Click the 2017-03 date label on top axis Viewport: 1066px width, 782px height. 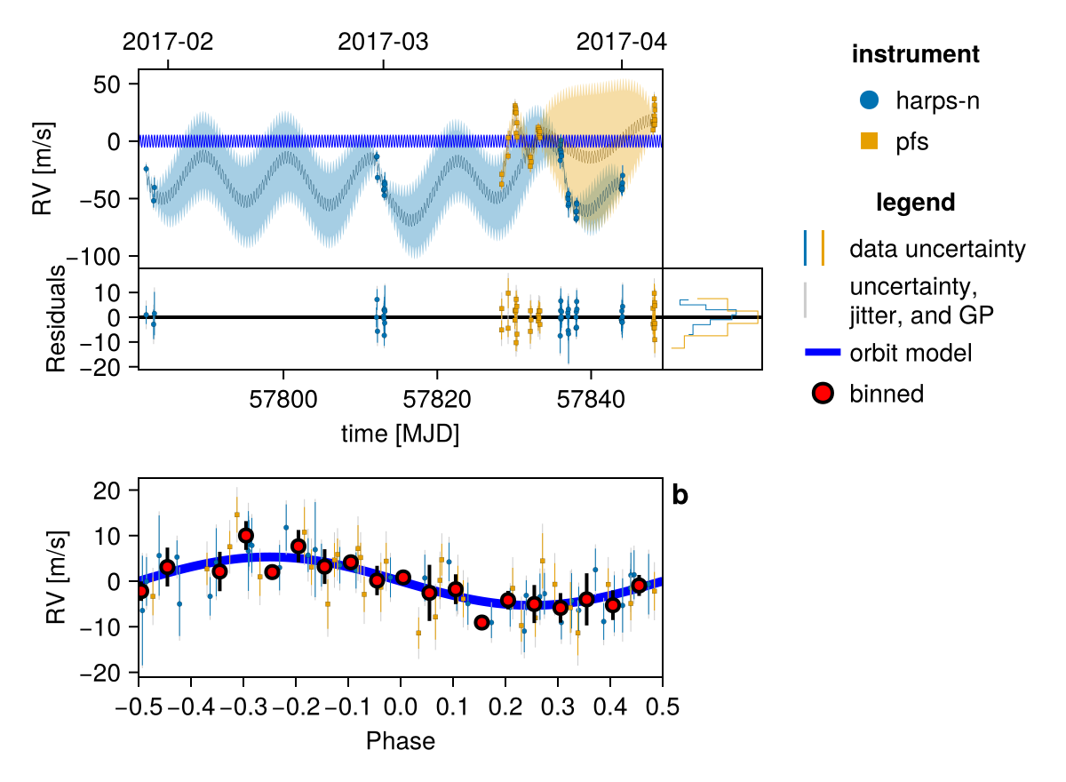coord(383,41)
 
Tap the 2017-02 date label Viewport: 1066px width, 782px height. coord(168,41)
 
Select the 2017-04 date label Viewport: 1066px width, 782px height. coord(621,41)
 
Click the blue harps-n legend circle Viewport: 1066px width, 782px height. coord(870,100)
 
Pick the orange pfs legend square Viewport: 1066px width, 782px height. coord(870,140)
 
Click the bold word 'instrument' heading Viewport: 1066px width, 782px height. coord(915,54)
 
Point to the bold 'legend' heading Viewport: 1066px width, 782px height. coord(915,203)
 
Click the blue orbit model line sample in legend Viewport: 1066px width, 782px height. coord(823,353)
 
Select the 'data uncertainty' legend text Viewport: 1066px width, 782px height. coord(937,249)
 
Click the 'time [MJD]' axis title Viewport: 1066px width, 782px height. coord(400,434)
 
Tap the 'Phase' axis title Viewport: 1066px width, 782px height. coord(401,740)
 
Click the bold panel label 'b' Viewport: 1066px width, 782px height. coord(680,496)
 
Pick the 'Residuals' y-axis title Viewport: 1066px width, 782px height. coord(56,317)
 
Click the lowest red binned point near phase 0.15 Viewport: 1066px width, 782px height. coord(481,622)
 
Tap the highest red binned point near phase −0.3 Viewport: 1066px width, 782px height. coord(246,536)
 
